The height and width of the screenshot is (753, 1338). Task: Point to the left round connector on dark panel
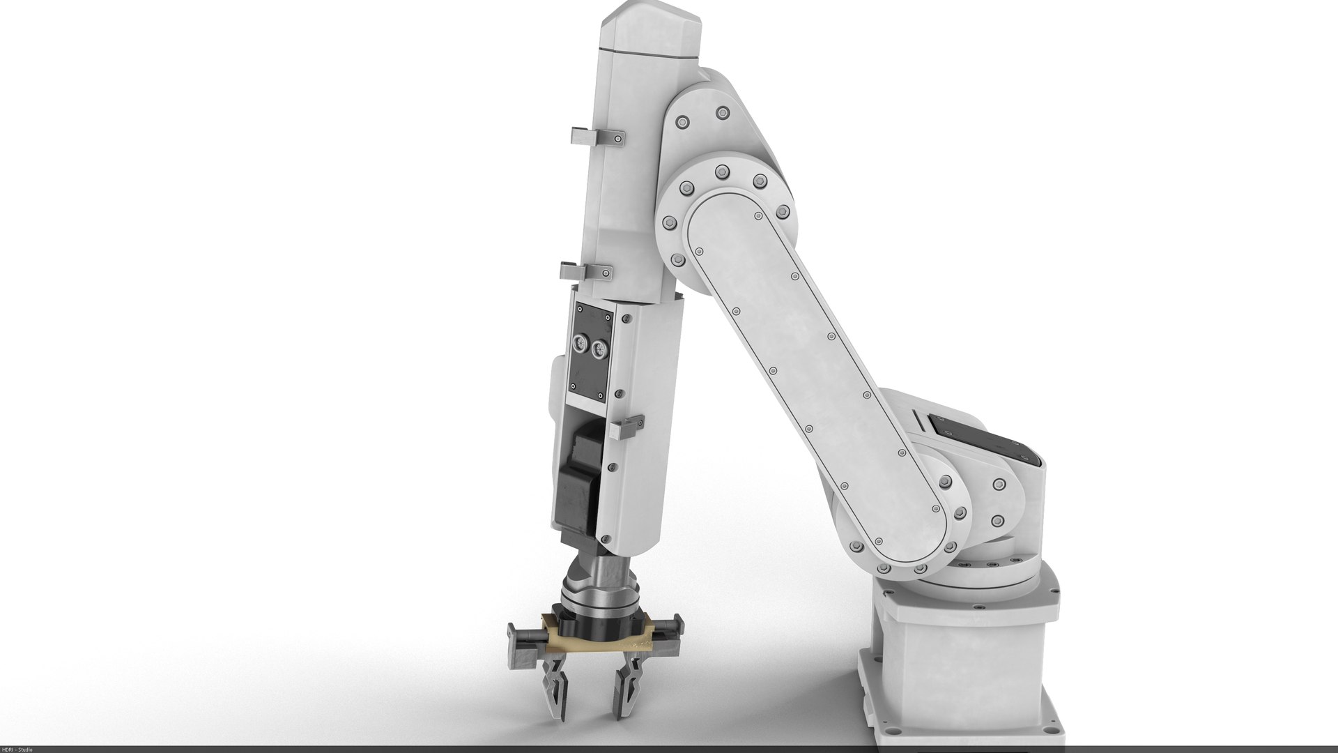(x=578, y=344)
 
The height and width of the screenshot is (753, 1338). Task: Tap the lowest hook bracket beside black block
(x=626, y=426)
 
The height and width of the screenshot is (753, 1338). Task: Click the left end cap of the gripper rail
(x=512, y=634)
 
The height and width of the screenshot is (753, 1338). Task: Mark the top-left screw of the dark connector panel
(x=578, y=307)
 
